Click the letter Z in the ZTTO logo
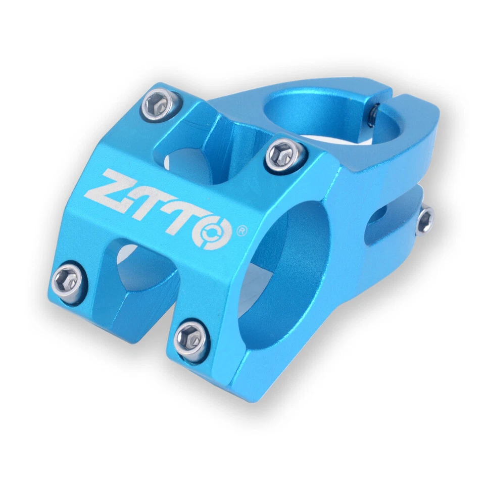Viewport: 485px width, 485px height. (110, 189)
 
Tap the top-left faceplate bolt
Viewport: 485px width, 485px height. (157, 105)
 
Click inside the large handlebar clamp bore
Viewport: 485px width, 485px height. (283, 268)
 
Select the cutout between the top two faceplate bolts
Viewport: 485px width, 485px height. (212, 147)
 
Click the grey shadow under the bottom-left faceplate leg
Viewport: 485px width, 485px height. (101, 344)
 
